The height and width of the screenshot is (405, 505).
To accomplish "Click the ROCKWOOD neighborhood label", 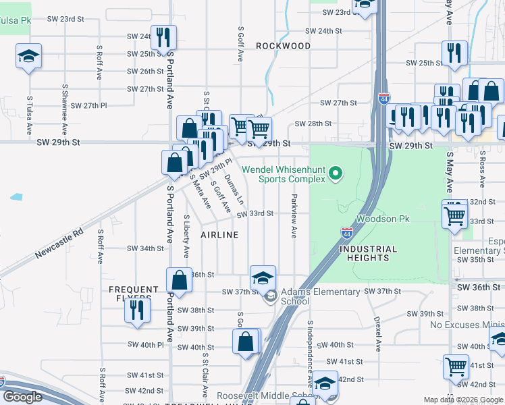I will (284, 46).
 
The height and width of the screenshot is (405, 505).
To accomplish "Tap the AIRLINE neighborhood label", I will (219, 235).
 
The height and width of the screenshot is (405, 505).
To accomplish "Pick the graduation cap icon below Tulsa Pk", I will (29, 56).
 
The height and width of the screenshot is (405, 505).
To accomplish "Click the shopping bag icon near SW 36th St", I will (179, 279).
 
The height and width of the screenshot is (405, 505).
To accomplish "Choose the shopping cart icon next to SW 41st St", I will (456, 367).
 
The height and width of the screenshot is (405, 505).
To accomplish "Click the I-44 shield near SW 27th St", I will (383, 99).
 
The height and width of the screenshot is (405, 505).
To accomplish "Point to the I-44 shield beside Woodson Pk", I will (346, 233).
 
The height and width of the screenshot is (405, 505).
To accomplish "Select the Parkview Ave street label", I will (294, 217).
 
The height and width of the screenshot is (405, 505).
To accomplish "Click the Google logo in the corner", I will (22, 397).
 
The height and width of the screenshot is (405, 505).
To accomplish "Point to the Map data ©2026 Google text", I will (462, 400).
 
